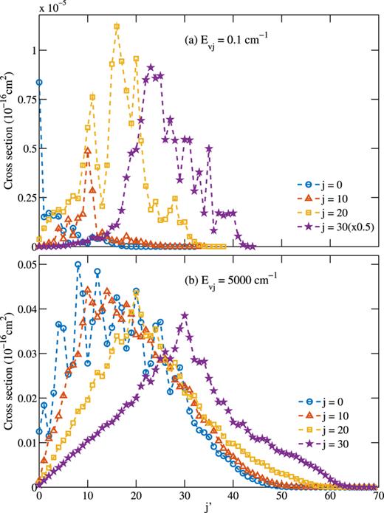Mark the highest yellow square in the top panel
tap(117, 27)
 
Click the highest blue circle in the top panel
tap(39, 82)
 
